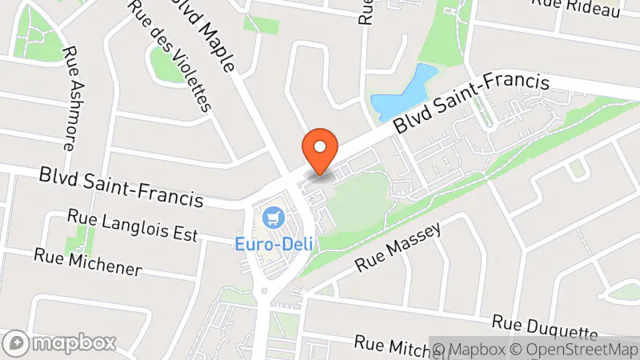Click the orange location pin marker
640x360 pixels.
point(320,150)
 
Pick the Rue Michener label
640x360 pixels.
point(87,262)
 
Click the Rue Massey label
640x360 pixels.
point(398,249)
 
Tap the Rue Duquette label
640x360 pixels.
point(545,325)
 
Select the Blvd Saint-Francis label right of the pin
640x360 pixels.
point(472,104)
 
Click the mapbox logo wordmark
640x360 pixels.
point(62,343)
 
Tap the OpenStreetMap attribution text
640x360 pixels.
point(577,349)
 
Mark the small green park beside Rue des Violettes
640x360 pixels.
point(164,63)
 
